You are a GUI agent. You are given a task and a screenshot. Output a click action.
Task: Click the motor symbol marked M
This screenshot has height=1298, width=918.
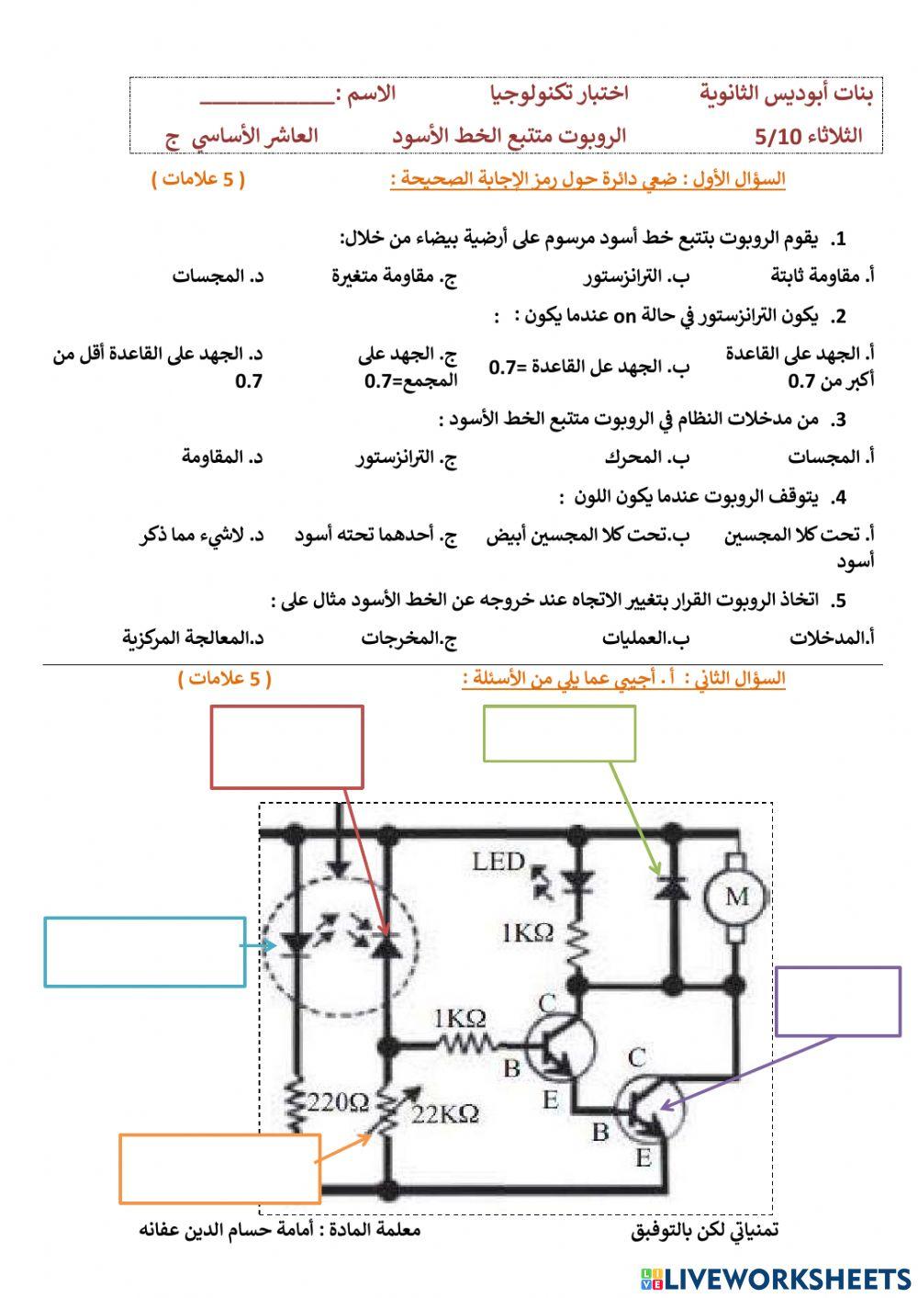click(x=736, y=897)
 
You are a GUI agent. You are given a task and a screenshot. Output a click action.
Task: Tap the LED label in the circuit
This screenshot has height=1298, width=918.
click(x=498, y=862)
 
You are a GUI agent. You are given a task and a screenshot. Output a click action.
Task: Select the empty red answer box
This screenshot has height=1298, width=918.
click(x=287, y=746)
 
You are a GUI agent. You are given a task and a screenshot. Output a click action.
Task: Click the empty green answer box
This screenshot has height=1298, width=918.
click(x=559, y=733)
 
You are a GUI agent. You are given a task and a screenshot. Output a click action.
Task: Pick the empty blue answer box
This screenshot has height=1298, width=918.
click(x=144, y=952)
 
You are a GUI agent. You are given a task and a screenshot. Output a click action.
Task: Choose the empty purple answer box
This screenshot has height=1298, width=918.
click(x=838, y=1000)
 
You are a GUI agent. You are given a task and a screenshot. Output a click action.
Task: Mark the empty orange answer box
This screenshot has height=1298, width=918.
click(x=219, y=1168)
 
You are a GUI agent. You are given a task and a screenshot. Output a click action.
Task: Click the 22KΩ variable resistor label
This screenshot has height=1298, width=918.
click(x=446, y=1114)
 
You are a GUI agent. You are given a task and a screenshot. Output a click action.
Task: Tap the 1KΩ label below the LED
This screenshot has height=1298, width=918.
click(x=528, y=933)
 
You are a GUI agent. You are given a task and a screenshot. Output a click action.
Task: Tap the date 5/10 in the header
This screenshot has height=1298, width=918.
click(x=778, y=137)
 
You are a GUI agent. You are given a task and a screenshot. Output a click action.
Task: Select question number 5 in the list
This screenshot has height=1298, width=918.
click(x=837, y=601)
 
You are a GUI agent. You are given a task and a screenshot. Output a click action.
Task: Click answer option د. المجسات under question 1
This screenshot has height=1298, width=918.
click(x=218, y=277)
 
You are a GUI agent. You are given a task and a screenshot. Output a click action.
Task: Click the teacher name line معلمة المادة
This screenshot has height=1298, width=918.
click(x=279, y=1229)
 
